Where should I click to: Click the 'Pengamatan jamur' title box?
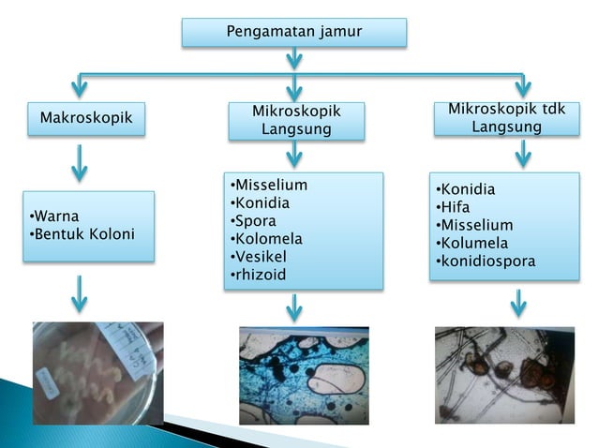293,33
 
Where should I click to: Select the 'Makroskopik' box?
85,119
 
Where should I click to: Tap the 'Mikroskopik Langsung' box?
296,121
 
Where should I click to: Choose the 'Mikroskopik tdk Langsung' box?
506,118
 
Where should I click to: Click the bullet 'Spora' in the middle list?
252,220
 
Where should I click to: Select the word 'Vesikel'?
259,256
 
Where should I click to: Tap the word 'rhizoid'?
258,274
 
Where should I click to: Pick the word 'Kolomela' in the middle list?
265,238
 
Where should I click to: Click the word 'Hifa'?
455,207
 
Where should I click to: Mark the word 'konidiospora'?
487,261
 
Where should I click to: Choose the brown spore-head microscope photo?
504,374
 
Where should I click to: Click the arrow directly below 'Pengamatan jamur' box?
294,59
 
